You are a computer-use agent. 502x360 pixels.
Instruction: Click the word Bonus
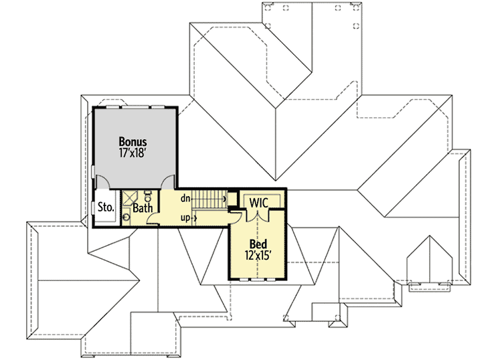tap(133, 142)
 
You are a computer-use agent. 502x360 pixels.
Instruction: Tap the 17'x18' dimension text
tap(133, 154)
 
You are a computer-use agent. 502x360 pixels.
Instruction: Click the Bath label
tap(142, 208)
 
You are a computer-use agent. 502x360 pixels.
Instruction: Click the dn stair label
tap(185, 198)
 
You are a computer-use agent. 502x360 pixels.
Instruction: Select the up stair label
tap(185, 217)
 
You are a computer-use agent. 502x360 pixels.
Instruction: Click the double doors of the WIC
tap(258, 215)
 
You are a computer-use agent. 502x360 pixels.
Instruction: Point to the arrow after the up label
tap(195, 217)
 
